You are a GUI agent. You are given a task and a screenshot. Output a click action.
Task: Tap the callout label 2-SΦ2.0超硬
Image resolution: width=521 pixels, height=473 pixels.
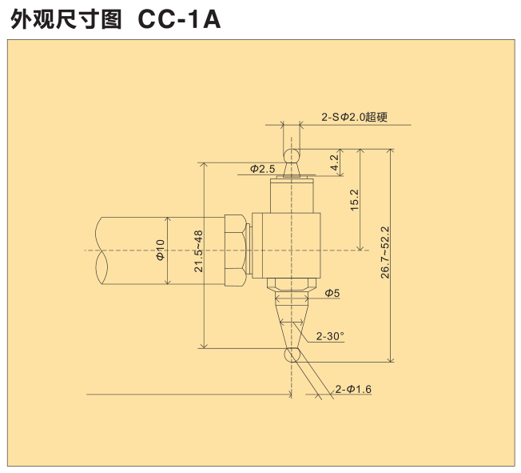(354, 117)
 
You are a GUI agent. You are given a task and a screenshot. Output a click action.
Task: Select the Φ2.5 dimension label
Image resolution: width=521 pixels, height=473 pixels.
(262, 169)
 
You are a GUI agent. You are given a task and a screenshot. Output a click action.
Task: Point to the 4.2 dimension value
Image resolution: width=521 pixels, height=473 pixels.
(335, 162)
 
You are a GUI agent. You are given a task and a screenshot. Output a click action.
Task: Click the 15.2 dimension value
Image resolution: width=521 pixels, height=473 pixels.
(355, 199)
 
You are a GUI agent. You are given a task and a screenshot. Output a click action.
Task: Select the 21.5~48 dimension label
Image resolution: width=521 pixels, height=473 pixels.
(198, 251)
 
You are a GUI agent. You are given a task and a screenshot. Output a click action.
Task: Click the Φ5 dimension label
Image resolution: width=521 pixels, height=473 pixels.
(332, 294)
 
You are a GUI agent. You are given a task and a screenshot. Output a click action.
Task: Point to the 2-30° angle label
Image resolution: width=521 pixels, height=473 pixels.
(330, 336)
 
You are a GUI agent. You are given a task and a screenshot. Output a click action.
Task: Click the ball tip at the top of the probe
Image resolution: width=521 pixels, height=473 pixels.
(292, 153)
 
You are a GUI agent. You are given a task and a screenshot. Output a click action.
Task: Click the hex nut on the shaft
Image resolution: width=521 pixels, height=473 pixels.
(236, 251)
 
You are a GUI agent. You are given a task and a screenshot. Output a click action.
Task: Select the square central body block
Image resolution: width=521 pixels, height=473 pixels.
(287, 245)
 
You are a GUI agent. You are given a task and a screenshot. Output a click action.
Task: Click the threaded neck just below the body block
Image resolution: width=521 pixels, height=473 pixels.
(292, 287)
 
